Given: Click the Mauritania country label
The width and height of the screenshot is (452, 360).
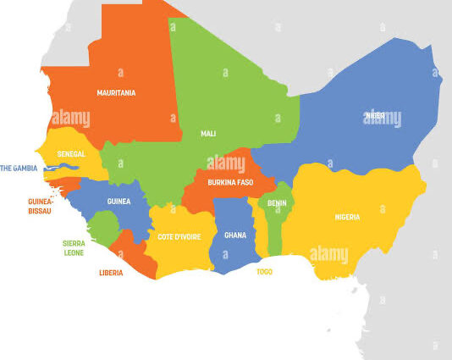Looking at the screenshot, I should coord(116,93).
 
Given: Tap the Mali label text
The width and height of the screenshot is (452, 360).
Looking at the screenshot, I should coord(208,134).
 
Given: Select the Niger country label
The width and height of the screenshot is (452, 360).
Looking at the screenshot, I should coord(374,114).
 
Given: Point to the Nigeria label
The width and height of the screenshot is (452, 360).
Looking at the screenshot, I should coord(347,217).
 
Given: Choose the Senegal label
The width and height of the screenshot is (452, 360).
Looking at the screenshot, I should coord(70,154).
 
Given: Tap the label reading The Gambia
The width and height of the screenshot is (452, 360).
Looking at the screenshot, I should coord(19,169).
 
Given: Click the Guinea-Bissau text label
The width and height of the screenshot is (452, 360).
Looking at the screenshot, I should coord(39,206).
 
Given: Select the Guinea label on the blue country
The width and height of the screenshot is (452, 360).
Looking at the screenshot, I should coord(119,202).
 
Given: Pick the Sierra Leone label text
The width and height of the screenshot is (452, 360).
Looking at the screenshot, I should coord(74,246).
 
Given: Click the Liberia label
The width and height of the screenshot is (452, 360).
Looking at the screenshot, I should coord(110,273).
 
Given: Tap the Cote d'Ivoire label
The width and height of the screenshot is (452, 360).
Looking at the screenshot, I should coord(179,237).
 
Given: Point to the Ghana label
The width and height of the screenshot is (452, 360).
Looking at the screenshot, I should coord(234,235).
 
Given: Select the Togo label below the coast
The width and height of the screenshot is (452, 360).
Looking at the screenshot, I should coord(264,272).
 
